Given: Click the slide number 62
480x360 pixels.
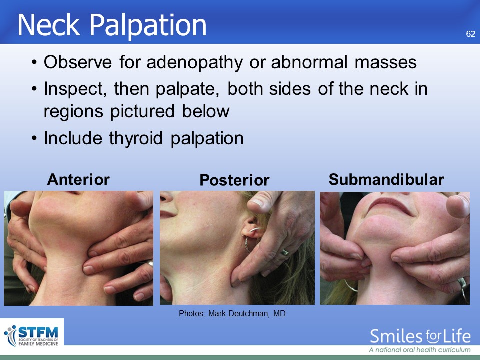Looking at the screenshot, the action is point(471,34).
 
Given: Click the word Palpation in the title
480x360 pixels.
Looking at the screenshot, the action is point(148,25).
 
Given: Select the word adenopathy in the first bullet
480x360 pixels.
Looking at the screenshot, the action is point(194,63).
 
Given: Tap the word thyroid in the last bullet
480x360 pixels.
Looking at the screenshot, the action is point(136,138).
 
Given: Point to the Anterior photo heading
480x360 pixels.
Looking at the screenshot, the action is point(78,179).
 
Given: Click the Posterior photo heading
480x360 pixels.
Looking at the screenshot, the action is point(234,180).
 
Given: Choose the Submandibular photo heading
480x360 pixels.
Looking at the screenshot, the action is point(386,179).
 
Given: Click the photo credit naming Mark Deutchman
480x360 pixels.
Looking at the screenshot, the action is point(232,314).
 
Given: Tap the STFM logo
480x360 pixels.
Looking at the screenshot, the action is point(32,336).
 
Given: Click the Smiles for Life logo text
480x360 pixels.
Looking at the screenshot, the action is point(420,336).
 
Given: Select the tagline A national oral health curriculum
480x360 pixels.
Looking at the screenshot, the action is point(419,350).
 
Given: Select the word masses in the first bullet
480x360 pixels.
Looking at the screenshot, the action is point(385,63).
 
